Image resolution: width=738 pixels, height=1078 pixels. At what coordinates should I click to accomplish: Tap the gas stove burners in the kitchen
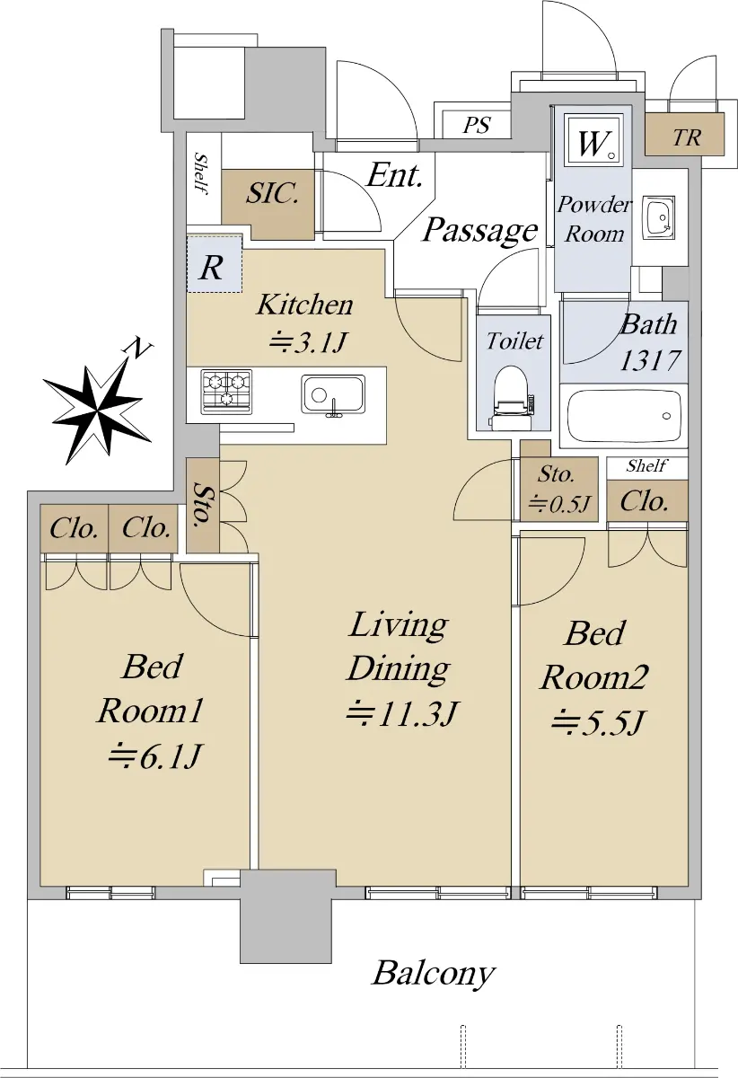[x=226, y=392]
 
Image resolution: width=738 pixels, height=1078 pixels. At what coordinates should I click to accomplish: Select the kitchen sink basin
[x=333, y=395]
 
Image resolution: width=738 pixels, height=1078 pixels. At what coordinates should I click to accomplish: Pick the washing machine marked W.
[x=593, y=140]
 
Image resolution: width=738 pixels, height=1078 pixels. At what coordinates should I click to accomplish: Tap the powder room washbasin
[x=658, y=217]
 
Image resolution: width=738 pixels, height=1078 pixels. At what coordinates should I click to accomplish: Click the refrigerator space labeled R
[x=215, y=264]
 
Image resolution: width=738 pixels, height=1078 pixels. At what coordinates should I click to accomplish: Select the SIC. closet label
[x=272, y=194]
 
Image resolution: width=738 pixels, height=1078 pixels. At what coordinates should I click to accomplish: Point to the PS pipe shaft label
[x=476, y=126]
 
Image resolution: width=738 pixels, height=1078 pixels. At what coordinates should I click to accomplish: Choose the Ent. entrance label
[x=394, y=176]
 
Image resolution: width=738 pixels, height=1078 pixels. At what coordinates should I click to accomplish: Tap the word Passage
[x=479, y=231]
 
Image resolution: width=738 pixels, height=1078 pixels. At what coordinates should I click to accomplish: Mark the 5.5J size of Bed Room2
[x=596, y=722]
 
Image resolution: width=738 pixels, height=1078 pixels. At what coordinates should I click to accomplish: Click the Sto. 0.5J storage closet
[x=559, y=489]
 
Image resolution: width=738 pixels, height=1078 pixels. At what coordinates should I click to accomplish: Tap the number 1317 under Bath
[x=650, y=360]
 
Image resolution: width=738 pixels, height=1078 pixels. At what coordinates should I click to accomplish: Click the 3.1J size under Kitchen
[x=307, y=342]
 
